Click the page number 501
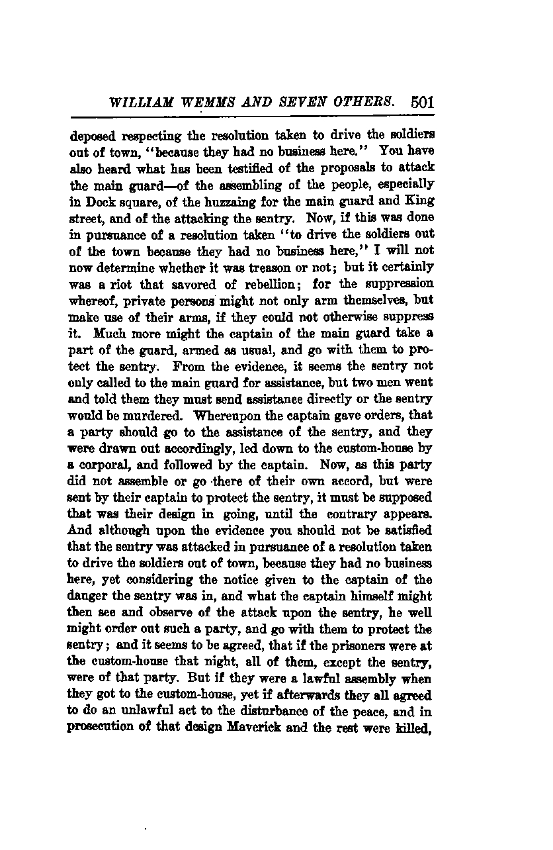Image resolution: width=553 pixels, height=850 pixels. (421, 103)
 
